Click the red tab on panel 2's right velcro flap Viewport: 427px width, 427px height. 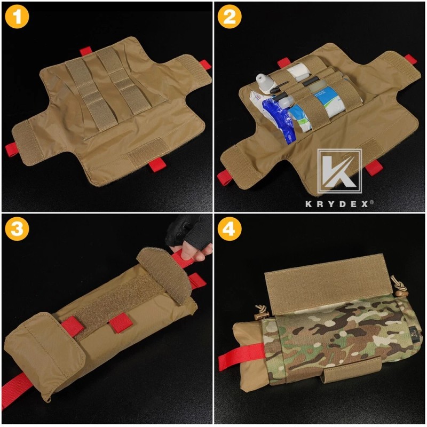(x=409, y=59)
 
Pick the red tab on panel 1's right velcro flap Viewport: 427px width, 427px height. (x=204, y=65)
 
